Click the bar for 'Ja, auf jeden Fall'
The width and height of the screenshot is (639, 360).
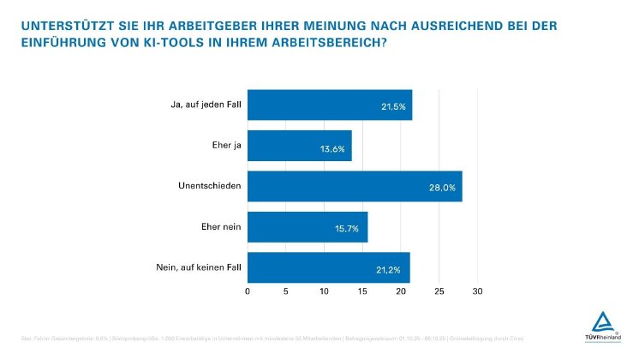330,105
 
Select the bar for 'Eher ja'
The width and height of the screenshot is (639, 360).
299,146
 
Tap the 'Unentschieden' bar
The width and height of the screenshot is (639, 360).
355,186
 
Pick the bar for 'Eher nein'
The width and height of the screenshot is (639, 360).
308,227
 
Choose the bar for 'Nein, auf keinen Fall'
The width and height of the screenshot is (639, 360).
329,267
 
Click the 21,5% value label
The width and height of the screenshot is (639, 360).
393,108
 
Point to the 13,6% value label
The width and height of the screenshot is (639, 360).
332,148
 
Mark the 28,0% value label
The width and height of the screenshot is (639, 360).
442,189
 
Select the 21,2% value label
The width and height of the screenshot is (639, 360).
391,270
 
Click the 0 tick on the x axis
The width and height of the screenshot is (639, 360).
248,292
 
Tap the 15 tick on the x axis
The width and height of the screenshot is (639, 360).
362,292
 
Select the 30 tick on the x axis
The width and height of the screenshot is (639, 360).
478,292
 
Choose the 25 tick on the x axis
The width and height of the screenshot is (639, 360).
439,292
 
